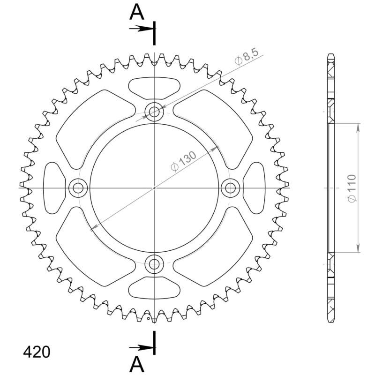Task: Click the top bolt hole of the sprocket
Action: [x=154, y=112]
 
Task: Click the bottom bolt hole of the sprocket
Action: [x=154, y=264]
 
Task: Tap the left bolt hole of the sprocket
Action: [x=78, y=188]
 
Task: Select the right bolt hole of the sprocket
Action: [x=230, y=188]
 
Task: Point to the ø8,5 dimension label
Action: [x=247, y=58]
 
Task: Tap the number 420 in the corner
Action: [x=36, y=352]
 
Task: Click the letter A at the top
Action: [x=137, y=12]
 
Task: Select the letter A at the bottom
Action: [x=137, y=363]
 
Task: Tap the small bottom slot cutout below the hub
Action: [x=154, y=289]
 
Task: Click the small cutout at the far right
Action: [x=255, y=188]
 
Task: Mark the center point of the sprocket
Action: [x=154, y=188]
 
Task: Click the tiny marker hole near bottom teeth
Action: [x=154, y=321]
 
